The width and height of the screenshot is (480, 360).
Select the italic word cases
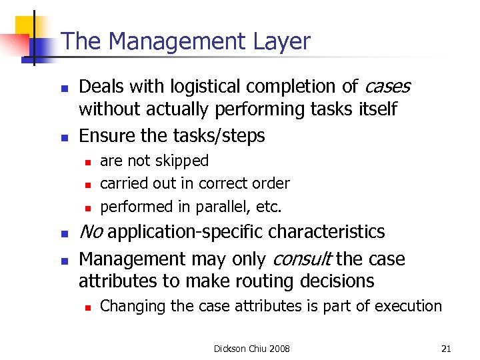pos(387,87)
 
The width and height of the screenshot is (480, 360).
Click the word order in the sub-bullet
pos(272,183)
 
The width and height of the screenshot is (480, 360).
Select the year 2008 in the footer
pos(279,349)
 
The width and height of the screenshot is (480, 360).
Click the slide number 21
pos(447,349)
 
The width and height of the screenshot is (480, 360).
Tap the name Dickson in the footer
pos(229,349)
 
